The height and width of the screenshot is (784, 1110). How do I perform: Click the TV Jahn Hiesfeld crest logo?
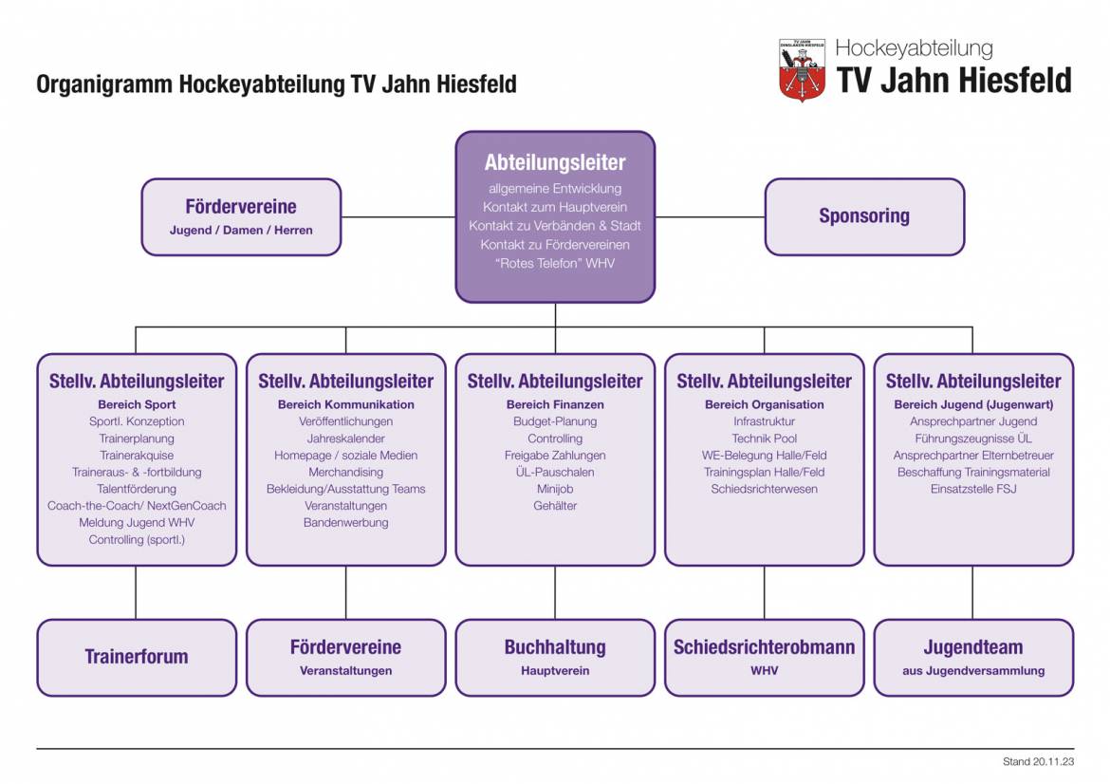click(x=802, y=69)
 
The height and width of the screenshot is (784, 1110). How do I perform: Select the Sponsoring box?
click(x=864, y=216)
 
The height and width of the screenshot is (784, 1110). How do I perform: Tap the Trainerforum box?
click(x=137, y=657)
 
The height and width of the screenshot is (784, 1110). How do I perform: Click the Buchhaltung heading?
click(x=555, y=647)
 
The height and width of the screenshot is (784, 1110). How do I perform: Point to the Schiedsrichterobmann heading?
click(x=764, y=647)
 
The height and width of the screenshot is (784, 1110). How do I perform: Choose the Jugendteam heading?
click(x=973, y=647)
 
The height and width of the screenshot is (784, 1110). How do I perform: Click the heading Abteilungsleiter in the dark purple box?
click(x=555, y=162)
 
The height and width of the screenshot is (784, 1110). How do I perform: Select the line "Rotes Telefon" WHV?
click(x=555, y=263)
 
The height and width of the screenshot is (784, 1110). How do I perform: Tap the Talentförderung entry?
click(x=137, y=489)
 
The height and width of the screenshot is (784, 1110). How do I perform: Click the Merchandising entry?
click(x=345, y=472)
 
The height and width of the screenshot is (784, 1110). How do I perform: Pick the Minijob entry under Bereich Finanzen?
click(x=555, y=489)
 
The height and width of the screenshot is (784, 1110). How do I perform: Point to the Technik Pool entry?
click(x=764, y=439)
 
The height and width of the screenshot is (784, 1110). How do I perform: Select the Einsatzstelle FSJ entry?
click(x=973, y=489)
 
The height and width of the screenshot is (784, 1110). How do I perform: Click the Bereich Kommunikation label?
click(x=345, y=404)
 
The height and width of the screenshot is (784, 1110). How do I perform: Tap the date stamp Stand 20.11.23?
click(x=1038, y=761)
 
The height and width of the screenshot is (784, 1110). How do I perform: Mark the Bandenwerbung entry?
click(x=345, y=522)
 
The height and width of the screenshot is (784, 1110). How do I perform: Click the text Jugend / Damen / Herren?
click(x=241, y=230)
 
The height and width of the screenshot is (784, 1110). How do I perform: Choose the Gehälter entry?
click(x=555, y=506)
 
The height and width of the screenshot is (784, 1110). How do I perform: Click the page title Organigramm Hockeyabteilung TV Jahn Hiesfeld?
click(x=276, y=84)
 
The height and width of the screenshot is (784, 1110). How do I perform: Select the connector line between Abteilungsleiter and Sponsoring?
click(x=710, y=217)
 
